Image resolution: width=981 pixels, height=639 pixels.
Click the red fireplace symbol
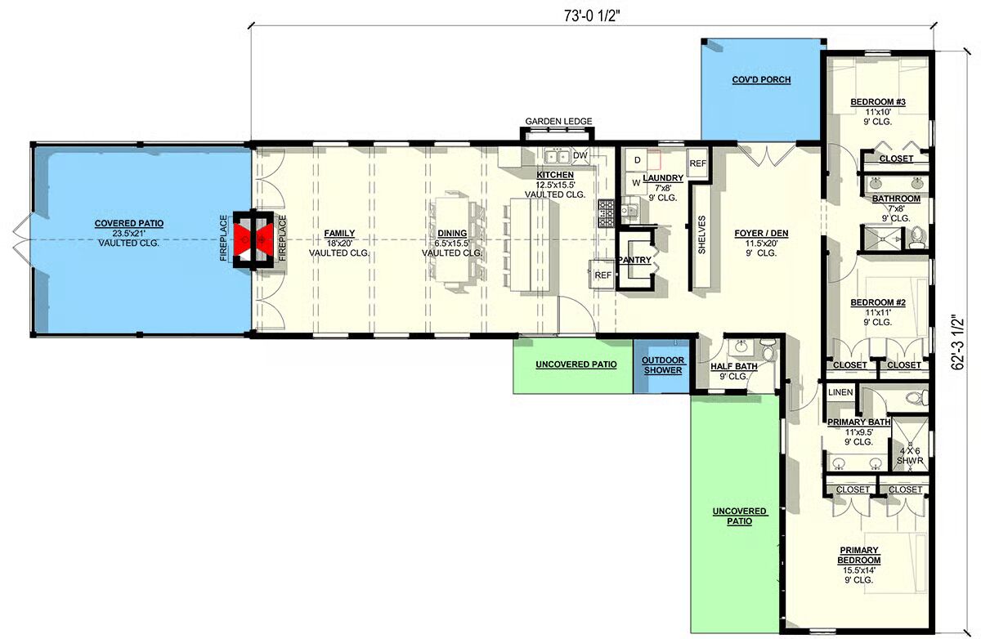pos(253,240)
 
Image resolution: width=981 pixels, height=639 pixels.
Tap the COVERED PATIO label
pos(129,223)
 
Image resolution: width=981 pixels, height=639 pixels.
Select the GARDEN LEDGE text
pos(558,121)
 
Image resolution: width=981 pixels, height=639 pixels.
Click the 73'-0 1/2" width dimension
pos(592,16)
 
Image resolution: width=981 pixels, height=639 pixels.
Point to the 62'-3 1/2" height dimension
pos(958,342)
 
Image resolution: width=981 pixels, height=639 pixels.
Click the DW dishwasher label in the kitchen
pos(580,155)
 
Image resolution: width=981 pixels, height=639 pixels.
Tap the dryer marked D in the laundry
pos(637,160)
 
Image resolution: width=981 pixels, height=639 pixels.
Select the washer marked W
pos(636,183)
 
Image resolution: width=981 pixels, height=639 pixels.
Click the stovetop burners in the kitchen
pos(606,213)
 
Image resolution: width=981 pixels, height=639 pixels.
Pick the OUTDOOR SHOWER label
pos(663,365)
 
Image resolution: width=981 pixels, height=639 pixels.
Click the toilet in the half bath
pos(768,349)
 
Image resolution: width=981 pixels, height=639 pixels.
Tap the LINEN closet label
pos(840,392)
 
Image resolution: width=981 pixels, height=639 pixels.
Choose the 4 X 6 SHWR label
pos(910,456)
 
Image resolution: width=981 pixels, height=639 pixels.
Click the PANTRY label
pos(634,260)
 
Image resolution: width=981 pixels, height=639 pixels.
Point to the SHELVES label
pos(701,235)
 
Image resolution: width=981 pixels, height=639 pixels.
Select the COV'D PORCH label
pos(761,79)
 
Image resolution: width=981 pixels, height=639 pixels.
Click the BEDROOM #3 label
pos(878,102)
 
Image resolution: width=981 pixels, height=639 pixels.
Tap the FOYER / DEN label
pos(761,233)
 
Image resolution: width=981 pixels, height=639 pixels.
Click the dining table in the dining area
pos(452,240)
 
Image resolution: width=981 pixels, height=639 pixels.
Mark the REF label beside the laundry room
pos(697,163)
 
